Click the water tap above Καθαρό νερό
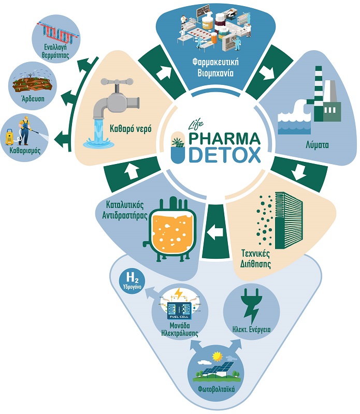[117, 98]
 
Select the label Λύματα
[317, 145]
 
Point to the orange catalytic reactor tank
[173, 230]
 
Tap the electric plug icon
[251, 306]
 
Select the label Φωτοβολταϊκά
[217, 389]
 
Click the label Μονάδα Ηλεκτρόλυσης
[180, 329]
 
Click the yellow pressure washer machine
[10, 137]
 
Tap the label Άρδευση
[33, 99]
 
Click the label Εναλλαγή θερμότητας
[55, 51]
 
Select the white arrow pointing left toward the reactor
[215, 232]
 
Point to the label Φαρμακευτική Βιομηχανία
[215, 67]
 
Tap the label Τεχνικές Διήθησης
[255, 258]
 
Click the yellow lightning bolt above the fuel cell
[179, 293]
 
